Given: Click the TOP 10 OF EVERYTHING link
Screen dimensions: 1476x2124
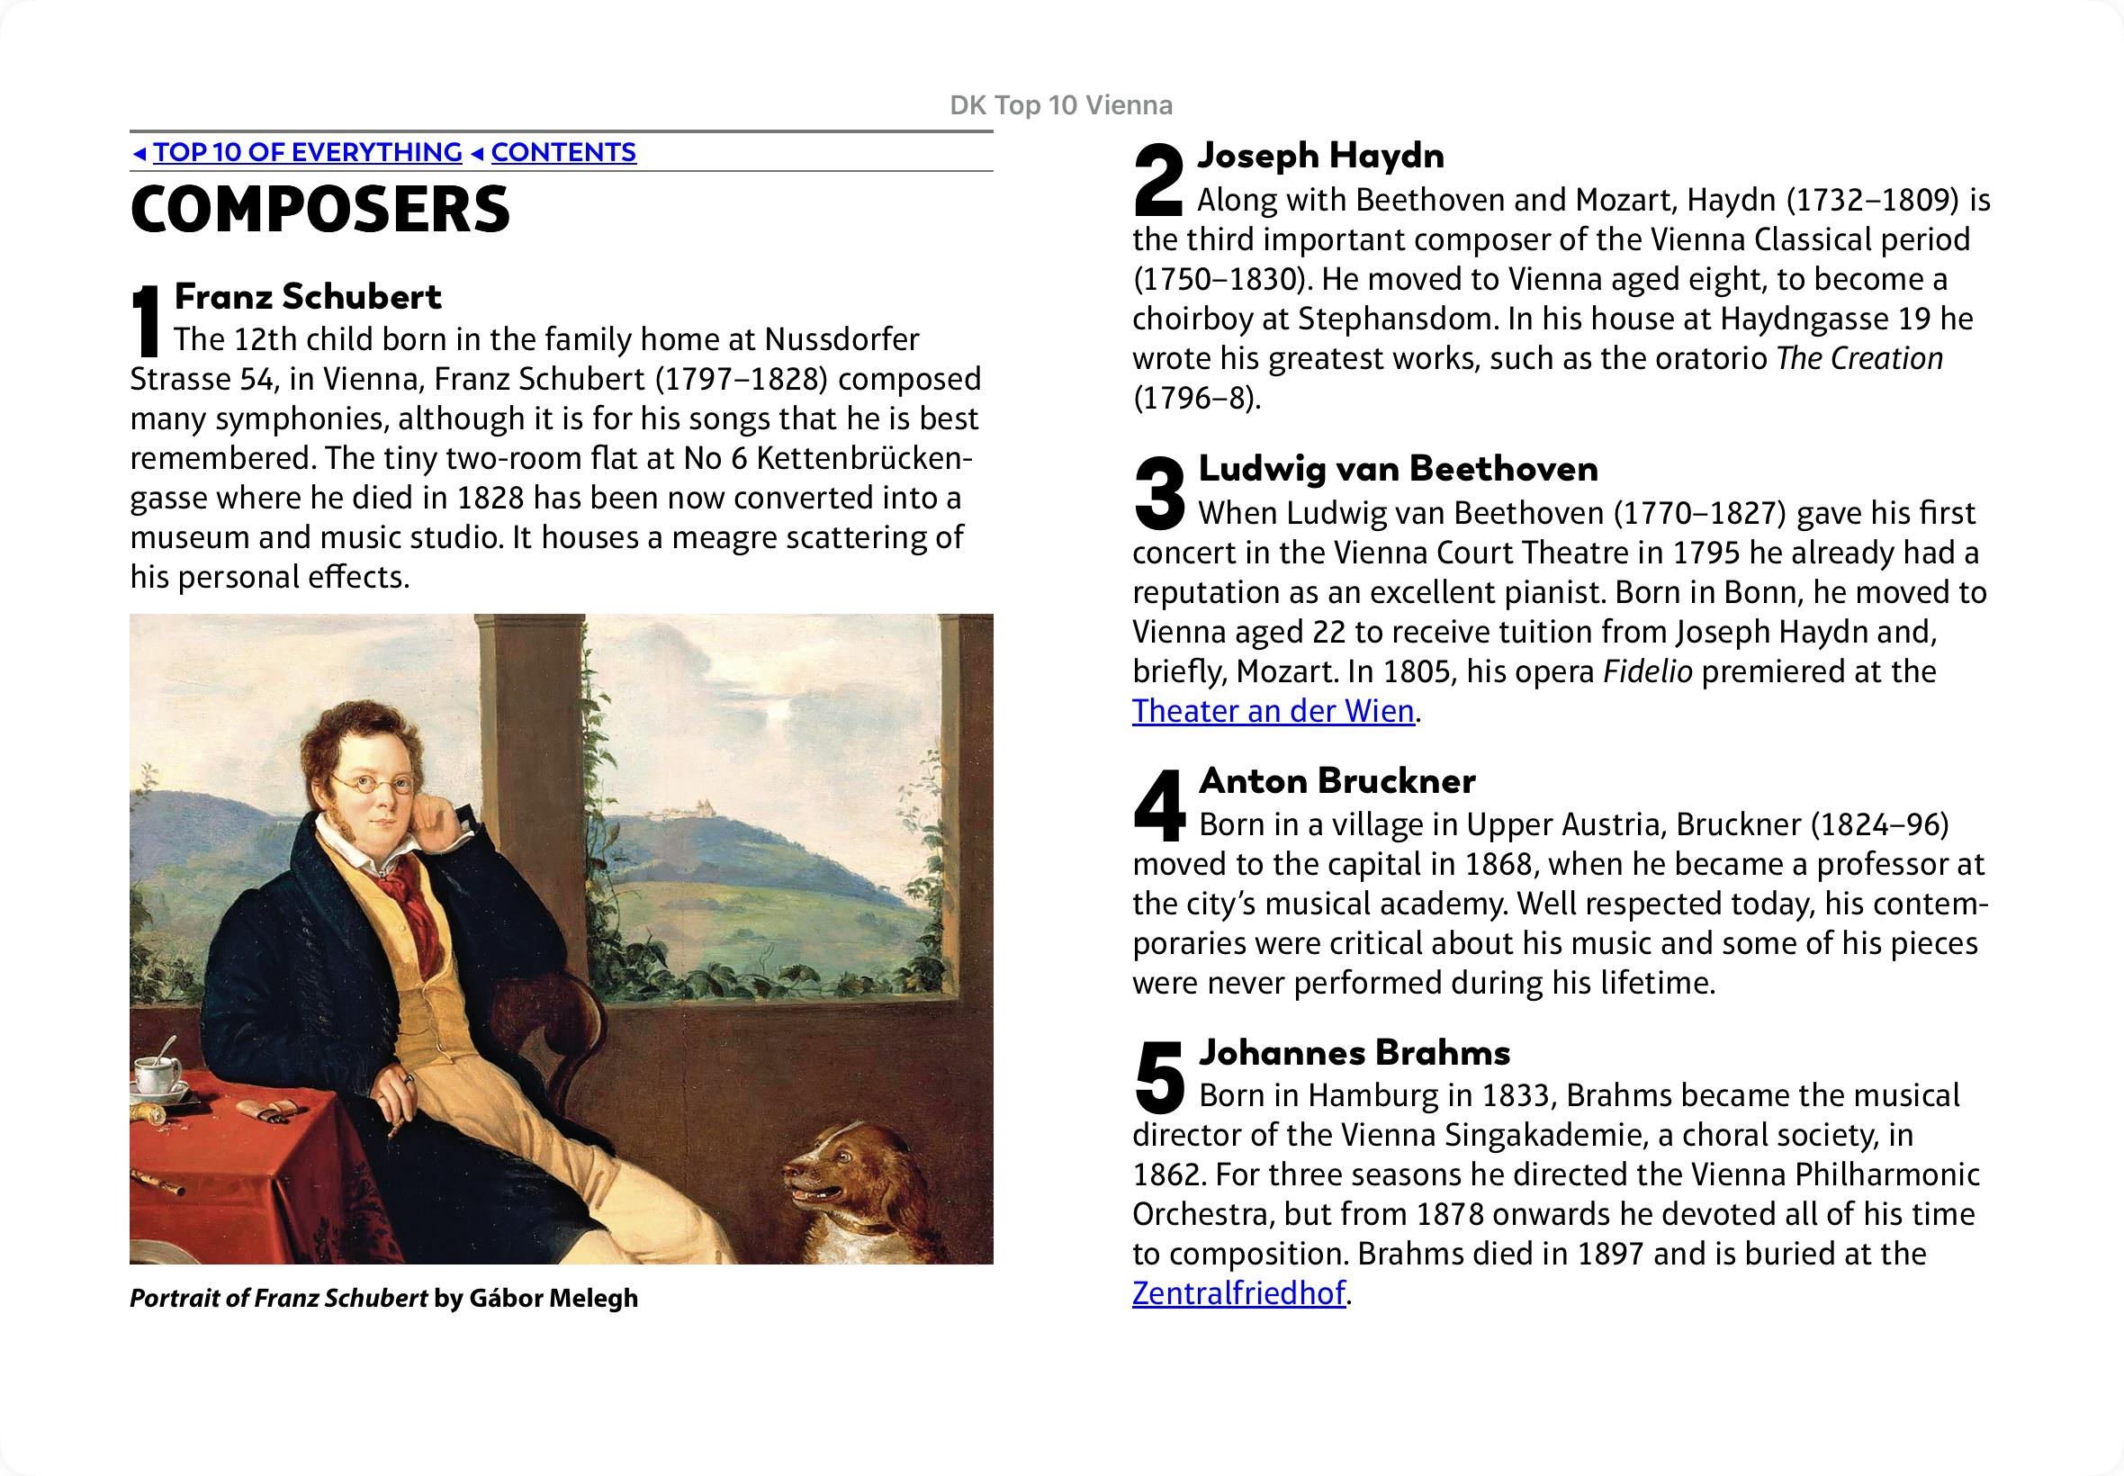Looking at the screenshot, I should point(307,153).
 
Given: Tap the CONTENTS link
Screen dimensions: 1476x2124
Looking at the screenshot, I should point(563,153).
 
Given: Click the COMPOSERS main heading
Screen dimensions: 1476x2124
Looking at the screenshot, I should point(319,210).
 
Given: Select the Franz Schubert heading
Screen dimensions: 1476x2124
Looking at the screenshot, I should point(308,297).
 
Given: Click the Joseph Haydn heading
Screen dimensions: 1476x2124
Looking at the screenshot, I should point(1320,157).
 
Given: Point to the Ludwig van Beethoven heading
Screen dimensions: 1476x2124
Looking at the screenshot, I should point(1397,469).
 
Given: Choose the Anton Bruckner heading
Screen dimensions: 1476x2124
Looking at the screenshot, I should point(1336,781).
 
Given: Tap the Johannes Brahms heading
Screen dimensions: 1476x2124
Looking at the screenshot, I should point(1354,1052).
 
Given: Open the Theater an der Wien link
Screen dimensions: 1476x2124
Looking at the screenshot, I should point(1273,711).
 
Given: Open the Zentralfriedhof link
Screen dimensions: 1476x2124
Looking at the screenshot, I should point(1238,1293).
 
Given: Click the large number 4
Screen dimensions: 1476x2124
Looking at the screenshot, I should point(1159,807).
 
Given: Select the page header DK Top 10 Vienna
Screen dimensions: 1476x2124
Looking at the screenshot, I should point(1060,105).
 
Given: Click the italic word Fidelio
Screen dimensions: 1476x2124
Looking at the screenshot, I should point(1647,671).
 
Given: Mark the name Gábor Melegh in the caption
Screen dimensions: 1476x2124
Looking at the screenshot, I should point(553,1299).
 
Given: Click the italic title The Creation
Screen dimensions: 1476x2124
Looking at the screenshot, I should point(1858,359).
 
